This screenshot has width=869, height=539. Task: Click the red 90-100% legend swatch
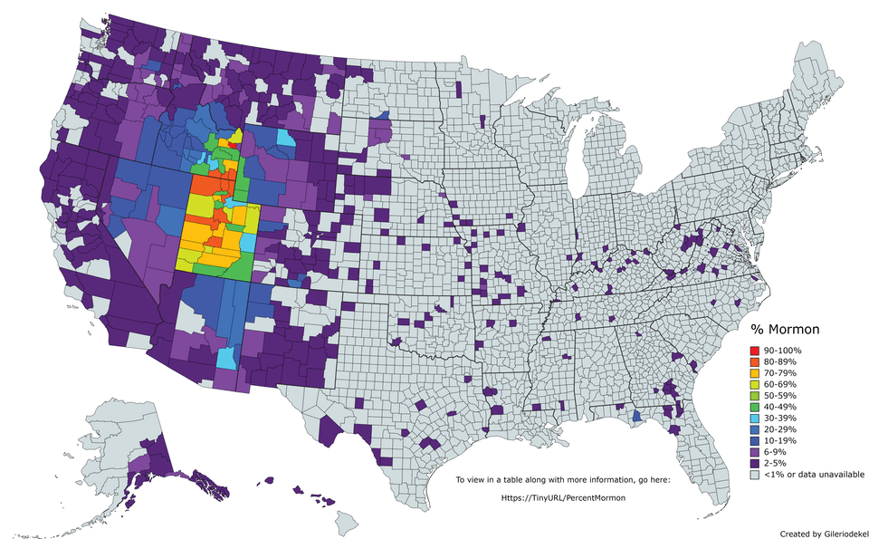coord(756,350)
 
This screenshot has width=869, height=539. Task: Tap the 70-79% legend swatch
coord(756,372)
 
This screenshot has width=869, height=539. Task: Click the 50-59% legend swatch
coord(756,395)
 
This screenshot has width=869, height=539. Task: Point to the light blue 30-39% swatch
coord(756,418)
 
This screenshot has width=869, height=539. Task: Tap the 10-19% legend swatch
coord(756,440)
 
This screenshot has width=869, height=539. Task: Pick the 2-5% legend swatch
coord(756,463)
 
